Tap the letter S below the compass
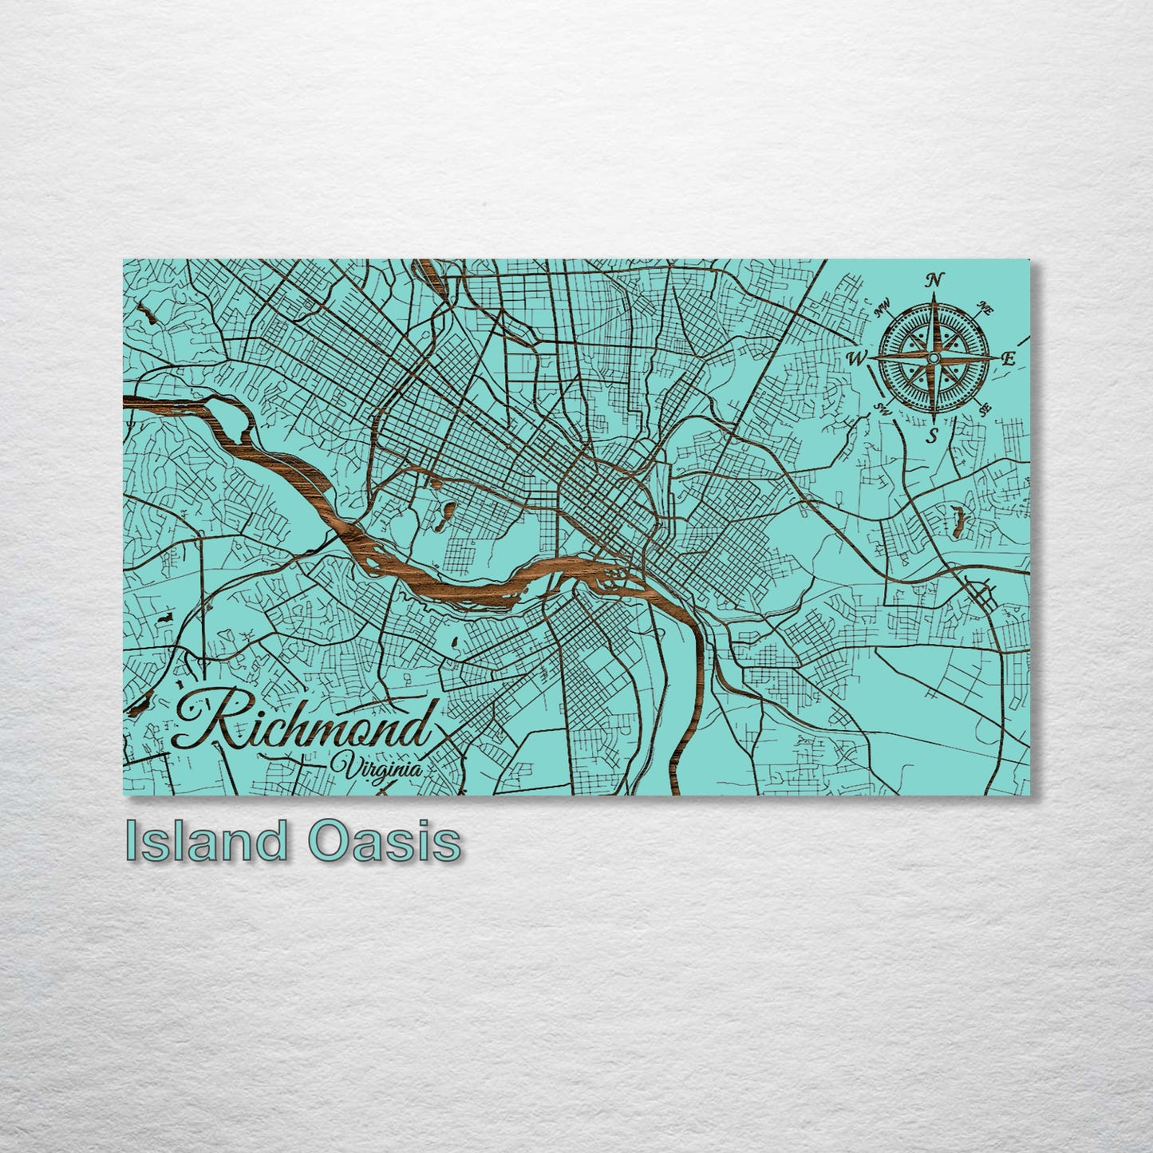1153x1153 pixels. [x=931, y=436]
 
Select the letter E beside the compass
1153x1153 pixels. [x=1007, y=359]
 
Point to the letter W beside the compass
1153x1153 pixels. [x=857, y=358]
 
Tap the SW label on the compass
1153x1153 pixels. [x=883, y=409]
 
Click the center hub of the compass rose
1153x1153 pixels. [x=932, y=359]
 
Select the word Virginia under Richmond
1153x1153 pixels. [x=381, y=765]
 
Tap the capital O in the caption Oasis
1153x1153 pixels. [x=326, y=841]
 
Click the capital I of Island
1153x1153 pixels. [x=132, y=841]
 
